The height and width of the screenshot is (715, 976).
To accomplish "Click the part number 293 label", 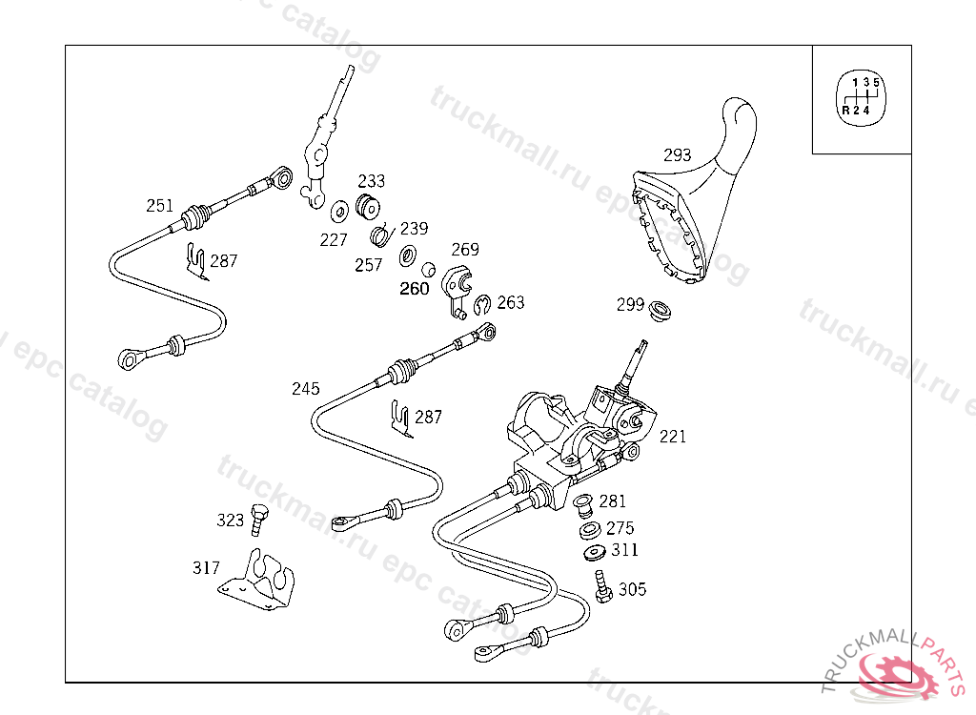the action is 678,154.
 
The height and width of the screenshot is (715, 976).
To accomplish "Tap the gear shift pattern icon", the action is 861,97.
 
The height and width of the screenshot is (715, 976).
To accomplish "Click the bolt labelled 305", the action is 602,586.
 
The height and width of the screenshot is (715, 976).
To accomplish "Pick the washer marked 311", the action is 595,552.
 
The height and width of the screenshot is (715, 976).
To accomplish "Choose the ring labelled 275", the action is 589,530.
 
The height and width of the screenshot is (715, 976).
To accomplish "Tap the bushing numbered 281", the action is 583,505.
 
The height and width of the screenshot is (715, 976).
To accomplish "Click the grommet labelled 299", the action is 660,310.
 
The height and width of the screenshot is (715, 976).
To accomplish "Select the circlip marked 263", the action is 481,304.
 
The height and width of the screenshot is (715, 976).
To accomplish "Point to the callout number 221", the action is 673,437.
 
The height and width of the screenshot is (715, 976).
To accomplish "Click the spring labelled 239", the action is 381,235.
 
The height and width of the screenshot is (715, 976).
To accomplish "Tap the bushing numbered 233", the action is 368,207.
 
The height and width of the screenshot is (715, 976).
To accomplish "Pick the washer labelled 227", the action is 339,211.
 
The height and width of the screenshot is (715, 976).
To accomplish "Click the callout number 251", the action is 159,206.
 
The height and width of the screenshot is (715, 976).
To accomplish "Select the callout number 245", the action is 306,389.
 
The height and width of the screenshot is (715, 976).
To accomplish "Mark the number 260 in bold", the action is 415,288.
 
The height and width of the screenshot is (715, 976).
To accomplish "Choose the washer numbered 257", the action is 408,255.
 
